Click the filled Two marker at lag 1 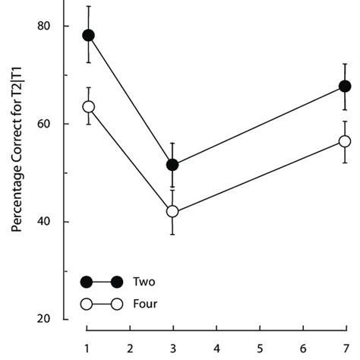pos(88,36)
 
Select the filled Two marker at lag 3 pos(172,165)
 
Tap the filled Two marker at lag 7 pos(345,87)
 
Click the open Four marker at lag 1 pos(88,106)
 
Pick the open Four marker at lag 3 pos(172,211)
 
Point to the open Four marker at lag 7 pos(345,141)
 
